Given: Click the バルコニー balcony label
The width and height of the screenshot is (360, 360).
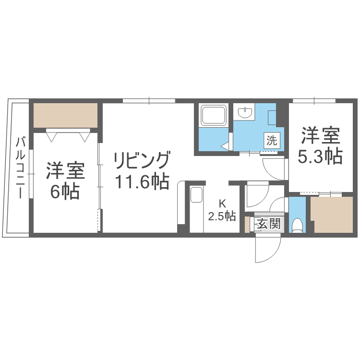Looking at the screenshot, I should (21, 168).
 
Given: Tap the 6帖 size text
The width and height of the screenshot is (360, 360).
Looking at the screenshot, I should (65, 192).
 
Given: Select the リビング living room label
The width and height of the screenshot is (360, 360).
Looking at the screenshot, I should (142, 160).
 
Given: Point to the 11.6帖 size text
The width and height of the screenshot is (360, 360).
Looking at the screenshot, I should (142, 181).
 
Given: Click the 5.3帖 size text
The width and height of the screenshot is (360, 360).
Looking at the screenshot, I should (320, 156).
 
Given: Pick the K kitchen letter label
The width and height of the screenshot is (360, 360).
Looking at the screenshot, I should (222, 203).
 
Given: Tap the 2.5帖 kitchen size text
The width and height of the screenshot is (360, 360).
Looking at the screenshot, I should (222, 216).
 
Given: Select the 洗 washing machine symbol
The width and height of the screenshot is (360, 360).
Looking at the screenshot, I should (272, 141).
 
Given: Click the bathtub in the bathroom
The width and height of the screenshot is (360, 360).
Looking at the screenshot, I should (214, 116).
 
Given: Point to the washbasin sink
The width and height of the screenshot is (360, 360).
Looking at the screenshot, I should (246, 113).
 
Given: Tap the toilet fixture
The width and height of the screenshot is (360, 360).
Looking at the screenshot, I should (297, 225).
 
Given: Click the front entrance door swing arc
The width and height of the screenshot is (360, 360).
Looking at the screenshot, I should (267, 250).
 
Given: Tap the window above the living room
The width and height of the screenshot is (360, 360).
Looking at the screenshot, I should (149, 101).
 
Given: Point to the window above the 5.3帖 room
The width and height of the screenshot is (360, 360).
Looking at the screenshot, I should (314, 101).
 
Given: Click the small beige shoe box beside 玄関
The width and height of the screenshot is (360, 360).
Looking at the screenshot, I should (247, 225).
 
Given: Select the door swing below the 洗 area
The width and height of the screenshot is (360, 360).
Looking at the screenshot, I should (274, 168).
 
